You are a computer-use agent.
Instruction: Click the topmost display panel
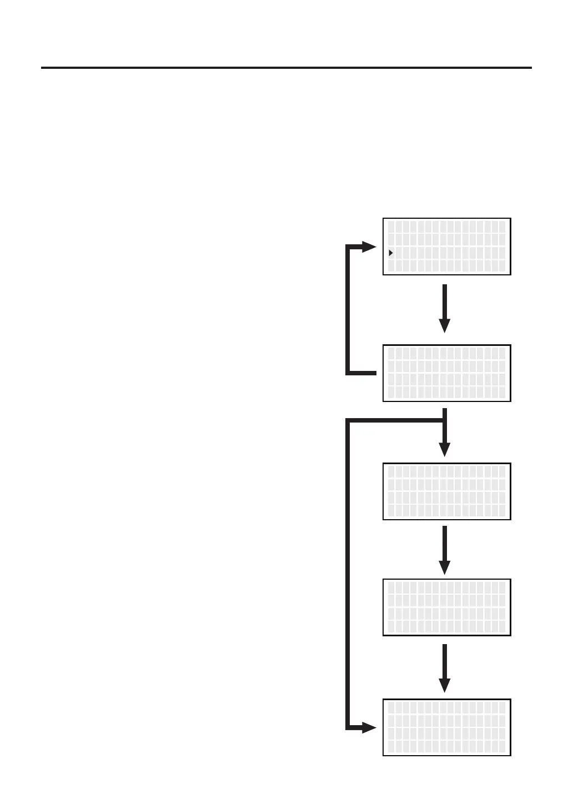(446, 247)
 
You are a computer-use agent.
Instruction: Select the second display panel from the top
(446, 373)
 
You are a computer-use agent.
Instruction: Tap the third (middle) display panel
(446, 491)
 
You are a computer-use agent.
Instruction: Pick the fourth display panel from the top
(446, 607)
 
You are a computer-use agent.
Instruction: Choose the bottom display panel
(446, 727)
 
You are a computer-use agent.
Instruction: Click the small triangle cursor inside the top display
(391, 253)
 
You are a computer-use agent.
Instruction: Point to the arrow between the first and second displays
(444, 308)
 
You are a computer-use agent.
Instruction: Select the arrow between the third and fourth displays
(444, 550)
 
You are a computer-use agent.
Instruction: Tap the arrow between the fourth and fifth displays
(444, 668)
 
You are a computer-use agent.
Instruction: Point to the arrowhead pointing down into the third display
(444, 449)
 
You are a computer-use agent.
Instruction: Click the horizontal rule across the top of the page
(286, 68)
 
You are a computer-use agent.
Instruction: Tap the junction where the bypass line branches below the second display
(444, 420)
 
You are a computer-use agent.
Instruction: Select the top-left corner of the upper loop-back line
(348, 247)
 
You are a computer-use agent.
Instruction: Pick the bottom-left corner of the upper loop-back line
(348, 373)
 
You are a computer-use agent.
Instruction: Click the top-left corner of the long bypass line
(348, 420)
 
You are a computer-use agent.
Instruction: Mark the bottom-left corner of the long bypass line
(348, 727)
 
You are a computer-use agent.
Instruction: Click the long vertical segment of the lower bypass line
(348, 572)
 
